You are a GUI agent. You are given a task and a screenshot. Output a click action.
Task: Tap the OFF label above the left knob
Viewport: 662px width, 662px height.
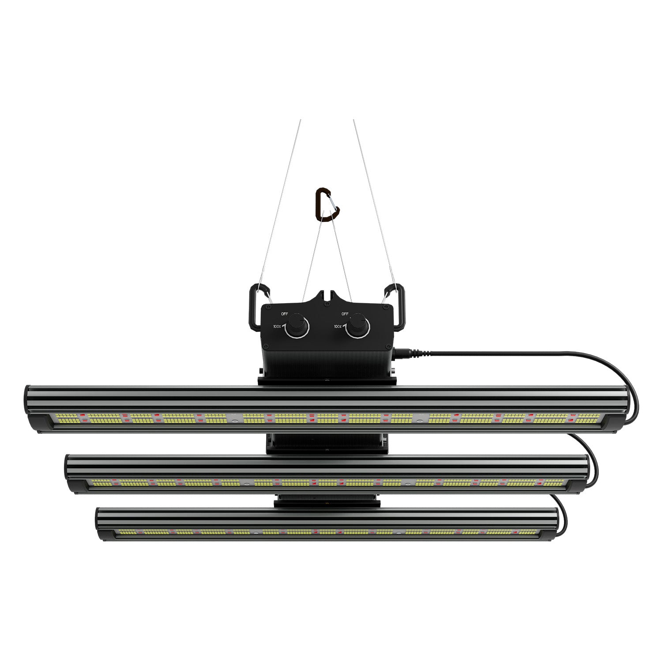(x=285, y=314)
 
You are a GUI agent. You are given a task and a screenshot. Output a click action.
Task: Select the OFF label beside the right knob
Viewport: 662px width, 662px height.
(x=345, y=314)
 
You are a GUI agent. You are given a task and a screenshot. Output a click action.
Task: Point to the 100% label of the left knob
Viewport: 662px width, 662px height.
(x=277, y=327)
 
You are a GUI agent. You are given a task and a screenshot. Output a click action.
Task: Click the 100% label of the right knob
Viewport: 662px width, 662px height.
(x=338, y=327)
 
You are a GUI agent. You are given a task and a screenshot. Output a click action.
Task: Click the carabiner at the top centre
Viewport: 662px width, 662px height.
(x=327, y=205)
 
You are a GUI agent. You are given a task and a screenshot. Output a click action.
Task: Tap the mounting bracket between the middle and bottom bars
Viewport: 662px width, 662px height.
(x=327, y=501)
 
